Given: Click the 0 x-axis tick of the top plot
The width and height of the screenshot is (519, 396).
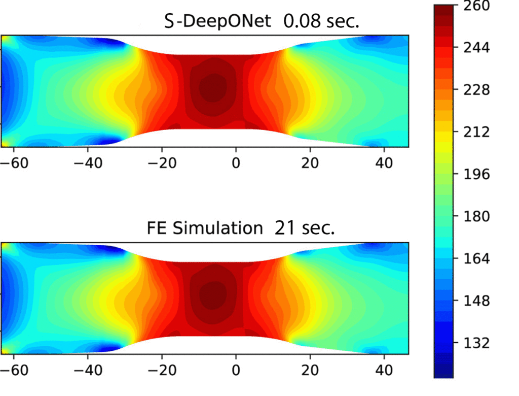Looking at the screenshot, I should [236, 163].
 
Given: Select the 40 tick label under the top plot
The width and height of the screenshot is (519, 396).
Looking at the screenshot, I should [384, 163].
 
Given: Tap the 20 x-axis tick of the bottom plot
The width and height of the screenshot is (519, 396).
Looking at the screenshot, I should [310, 370].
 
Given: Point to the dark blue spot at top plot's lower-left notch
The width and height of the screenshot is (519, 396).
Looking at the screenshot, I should [107, 141].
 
